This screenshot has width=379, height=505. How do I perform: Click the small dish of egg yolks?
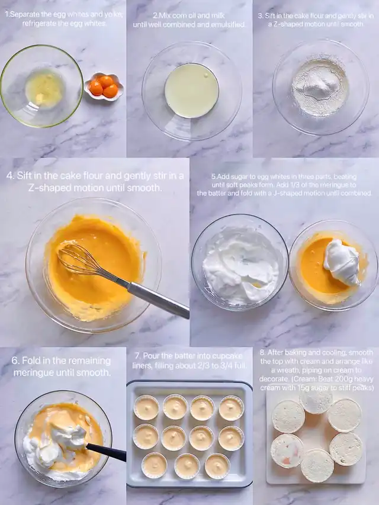click(104, 86)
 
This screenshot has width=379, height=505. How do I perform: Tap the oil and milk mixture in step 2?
click(192, 91)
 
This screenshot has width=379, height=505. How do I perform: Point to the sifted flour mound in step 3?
click(319, 86)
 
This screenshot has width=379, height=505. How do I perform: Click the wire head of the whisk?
click(85, 261)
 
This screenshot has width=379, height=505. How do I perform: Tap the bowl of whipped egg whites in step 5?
click(240, 262)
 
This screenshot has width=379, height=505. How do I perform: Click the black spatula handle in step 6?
click(107, 452)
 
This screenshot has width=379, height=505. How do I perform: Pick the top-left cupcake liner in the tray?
click(146, 407)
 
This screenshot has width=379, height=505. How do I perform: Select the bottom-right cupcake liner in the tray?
click(217, 466)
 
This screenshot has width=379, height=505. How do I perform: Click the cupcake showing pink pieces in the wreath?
click(287, 451)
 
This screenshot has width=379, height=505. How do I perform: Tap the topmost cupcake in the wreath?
click(316, 401)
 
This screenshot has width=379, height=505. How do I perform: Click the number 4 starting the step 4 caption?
click(9, 176)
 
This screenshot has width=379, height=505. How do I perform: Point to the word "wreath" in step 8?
click(285, 371)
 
